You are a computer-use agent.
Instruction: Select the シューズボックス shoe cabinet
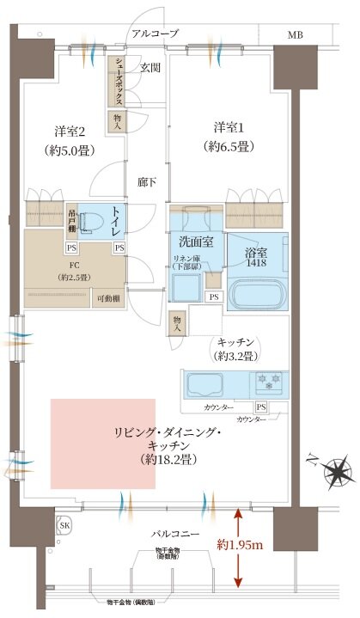(113, 82)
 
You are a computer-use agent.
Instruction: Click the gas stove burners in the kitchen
(267, 381)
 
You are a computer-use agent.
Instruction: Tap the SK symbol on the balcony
(65, 524)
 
